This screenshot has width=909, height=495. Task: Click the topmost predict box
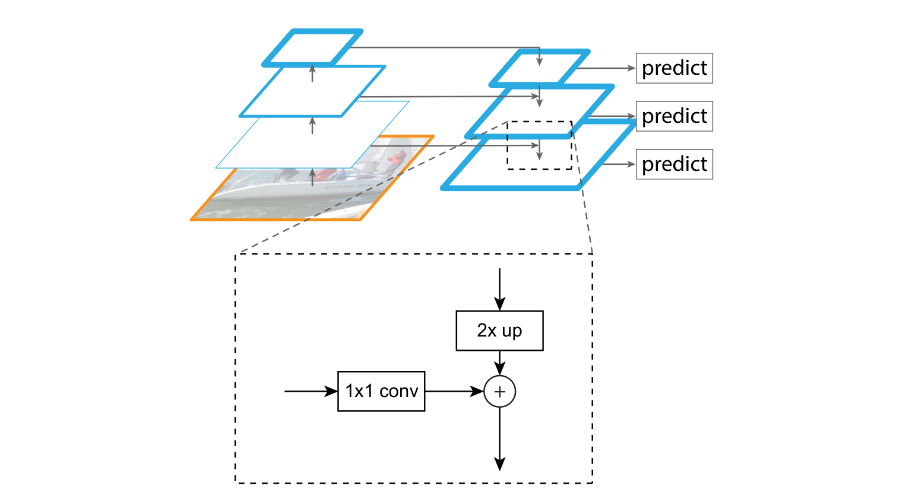click(674, 68)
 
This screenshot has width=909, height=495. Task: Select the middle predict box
click(674, 116)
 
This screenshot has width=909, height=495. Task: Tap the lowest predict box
click(674, 164)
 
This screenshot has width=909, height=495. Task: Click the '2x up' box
click(499, 331)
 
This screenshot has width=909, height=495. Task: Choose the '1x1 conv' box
click(381, 391)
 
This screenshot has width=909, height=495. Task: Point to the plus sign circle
click(500, 392)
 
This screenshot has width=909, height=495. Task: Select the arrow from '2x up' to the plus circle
click(500, 363)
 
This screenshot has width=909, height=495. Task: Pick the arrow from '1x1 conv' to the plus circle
click(454, 391)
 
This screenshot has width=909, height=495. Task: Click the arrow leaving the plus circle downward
click(500, 439)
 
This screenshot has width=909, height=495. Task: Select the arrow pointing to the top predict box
click(606, 68)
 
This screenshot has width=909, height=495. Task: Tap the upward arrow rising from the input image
click(312, 177)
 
